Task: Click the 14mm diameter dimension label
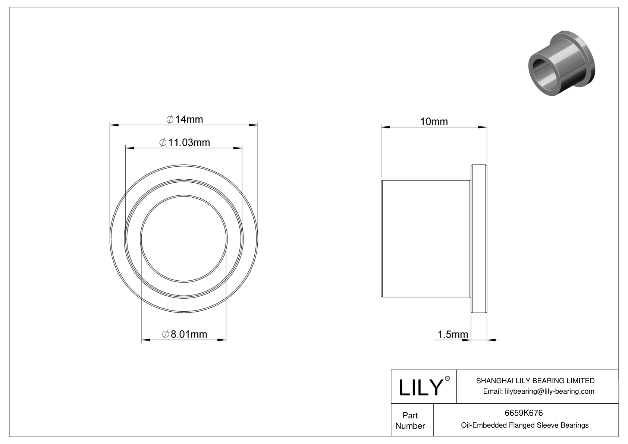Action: (185, 119)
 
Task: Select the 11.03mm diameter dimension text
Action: (185, 142)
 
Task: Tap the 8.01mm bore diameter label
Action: (185, 334)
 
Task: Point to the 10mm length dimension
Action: (434, 122)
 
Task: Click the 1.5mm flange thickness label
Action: (452, 334)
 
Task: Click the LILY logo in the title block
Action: (421, 388)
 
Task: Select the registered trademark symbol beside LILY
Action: (448, 378)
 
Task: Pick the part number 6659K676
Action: (524, 413)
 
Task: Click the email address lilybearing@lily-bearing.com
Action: (538, 391)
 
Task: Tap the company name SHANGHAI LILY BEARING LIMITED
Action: (535, 381)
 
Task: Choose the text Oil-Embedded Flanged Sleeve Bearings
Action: (524, 425)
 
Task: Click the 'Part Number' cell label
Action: (410, 421)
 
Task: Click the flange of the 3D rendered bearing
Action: (587, 56)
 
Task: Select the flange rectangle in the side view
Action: (479, 239)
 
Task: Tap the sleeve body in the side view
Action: (425, 239)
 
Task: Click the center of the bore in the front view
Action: (184, 239)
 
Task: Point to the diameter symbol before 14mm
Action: (169, 119)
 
